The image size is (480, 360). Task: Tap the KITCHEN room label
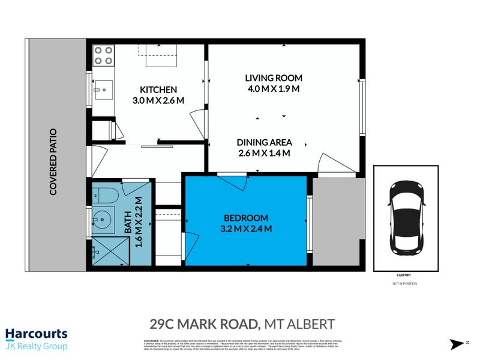158,89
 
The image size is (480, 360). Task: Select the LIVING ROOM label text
273,78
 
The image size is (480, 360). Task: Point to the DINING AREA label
264,142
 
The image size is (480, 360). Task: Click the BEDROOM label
246,218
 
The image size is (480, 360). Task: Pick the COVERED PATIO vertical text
53,161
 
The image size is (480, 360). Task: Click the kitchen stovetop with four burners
104,56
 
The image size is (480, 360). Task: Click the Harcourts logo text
36,334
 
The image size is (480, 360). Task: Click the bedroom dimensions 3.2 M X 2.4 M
247,229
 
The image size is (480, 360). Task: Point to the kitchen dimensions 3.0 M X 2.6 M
158,100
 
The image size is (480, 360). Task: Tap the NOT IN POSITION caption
406,283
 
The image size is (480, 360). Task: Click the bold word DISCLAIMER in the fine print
151,340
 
